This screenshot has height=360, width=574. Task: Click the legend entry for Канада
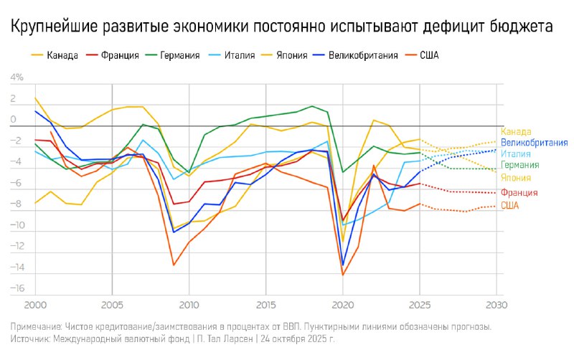(61, 55)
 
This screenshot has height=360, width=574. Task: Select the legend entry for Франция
(120, 55)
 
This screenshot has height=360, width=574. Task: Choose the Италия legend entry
(239, 55)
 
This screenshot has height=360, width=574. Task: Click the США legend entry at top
(428, 55)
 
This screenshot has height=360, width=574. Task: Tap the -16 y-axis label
(16, 288)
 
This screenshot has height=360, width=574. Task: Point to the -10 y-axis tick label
(16, 225)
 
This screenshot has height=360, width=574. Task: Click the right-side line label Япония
(516, 178)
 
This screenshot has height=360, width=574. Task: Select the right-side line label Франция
(519, 192)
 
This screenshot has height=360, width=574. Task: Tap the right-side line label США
(510, 206)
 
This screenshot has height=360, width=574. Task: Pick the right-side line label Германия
(519, 165)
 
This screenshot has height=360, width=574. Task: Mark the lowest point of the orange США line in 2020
(343, 275)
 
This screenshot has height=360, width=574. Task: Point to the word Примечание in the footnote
(37, 326)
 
